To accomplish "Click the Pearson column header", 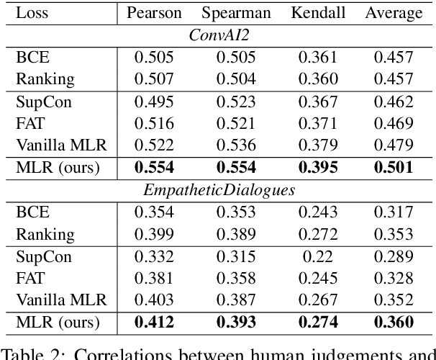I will [x=154, y=13].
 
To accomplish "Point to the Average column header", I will [x=394, y=13].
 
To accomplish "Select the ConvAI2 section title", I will [x=219, y=35].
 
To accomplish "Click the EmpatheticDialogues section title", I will [x=219, y=190].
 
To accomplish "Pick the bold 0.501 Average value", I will [x=394, y=168].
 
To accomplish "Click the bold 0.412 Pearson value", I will [x=154, y=323].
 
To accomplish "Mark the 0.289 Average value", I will [x=394, y=256].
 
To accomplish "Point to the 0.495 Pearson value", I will [x=154, y=101].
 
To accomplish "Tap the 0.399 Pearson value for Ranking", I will [x=154, y=234].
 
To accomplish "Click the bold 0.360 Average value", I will [x=394, y=323].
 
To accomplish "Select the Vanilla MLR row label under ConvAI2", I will [x=61, y=145].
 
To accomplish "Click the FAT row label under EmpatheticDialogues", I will [x=30, y=278].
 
